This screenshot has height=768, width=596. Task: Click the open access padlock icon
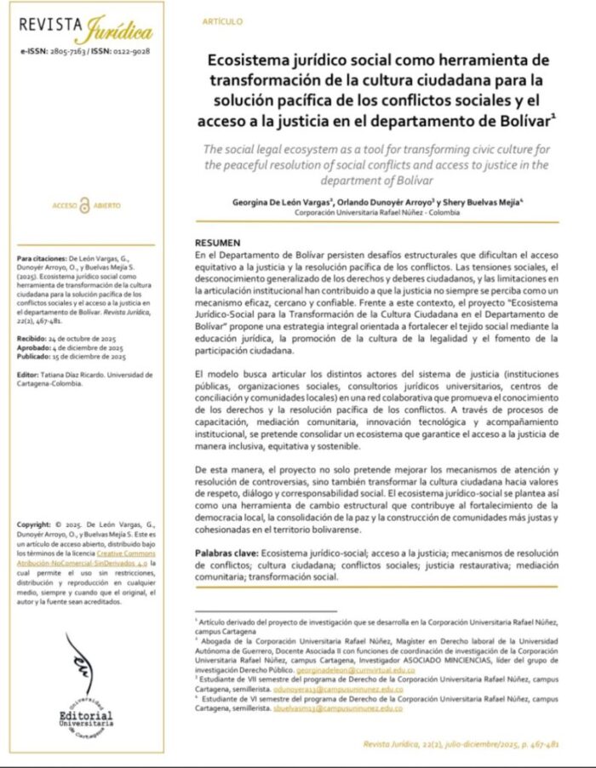click(84, 205)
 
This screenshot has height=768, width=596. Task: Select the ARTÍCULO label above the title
click(223, 20)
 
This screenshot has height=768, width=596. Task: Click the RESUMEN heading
click(217, 243)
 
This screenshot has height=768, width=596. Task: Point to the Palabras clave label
click(226, 553)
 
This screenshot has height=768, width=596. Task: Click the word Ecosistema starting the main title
click(256, 60)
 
